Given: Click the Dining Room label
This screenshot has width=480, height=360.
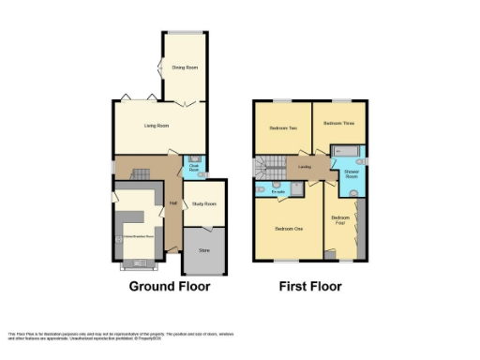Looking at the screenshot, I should click(x=185, y=67).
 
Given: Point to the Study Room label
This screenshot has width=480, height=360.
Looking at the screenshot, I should click(x=203, y=203).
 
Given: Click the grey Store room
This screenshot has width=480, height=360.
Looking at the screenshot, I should click(x=202, y=248).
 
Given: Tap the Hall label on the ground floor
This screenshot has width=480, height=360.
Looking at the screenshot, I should click(x=172, y=202).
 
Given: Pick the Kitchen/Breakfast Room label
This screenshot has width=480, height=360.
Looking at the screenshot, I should click(x=140, y=235).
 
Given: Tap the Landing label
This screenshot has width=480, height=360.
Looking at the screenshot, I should click(x=305, y=168).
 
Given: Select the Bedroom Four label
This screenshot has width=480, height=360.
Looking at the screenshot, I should click(x=339, y=221).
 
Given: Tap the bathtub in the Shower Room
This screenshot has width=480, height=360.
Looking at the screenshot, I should click(x=345, y=151).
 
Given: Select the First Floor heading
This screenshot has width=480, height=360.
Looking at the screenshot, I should click(x=309, y=285).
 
